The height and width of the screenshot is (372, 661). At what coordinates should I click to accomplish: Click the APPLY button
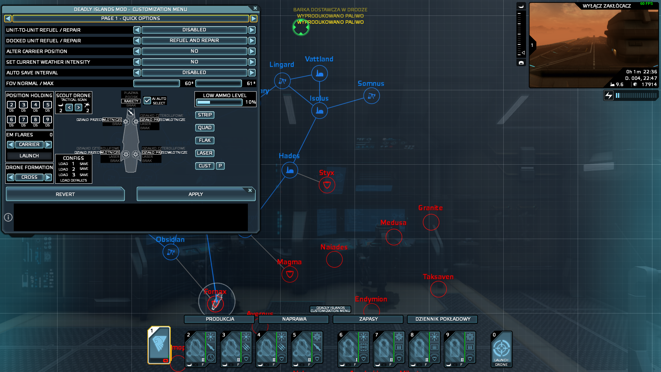coord(196,194)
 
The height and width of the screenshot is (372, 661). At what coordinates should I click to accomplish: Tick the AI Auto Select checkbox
coord(147,100)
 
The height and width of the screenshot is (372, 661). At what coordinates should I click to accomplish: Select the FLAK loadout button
coord(204,141)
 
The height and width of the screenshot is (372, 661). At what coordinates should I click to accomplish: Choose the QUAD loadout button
coord(204,128)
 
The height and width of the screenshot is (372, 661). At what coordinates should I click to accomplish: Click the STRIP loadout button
coord(204,115)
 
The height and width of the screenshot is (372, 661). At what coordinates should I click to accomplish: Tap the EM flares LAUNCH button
coord(29,156)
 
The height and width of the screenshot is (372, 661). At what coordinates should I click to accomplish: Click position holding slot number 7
coord(23,120)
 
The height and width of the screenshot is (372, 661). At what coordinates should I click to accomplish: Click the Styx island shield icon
coord(327,185)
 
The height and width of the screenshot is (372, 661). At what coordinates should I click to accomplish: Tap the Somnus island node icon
coord(371,96)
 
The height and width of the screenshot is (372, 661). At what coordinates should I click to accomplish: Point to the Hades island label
coord(289,156)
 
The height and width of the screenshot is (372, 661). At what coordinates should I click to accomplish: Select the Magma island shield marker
coord(290,275)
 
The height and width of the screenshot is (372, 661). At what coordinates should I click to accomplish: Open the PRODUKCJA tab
coord(220,319)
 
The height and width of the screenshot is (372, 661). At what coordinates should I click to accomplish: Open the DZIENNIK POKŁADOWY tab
coord(442,319)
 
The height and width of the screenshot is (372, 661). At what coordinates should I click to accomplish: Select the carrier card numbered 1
coord(159,345)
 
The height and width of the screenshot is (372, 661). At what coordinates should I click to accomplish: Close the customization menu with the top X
coord(255,8)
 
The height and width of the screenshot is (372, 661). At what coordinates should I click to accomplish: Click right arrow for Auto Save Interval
coord(252,73)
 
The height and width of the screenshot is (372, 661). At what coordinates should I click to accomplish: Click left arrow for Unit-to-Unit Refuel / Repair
coord(137,30)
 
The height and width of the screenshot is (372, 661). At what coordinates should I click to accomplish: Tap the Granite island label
coord(430,208)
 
